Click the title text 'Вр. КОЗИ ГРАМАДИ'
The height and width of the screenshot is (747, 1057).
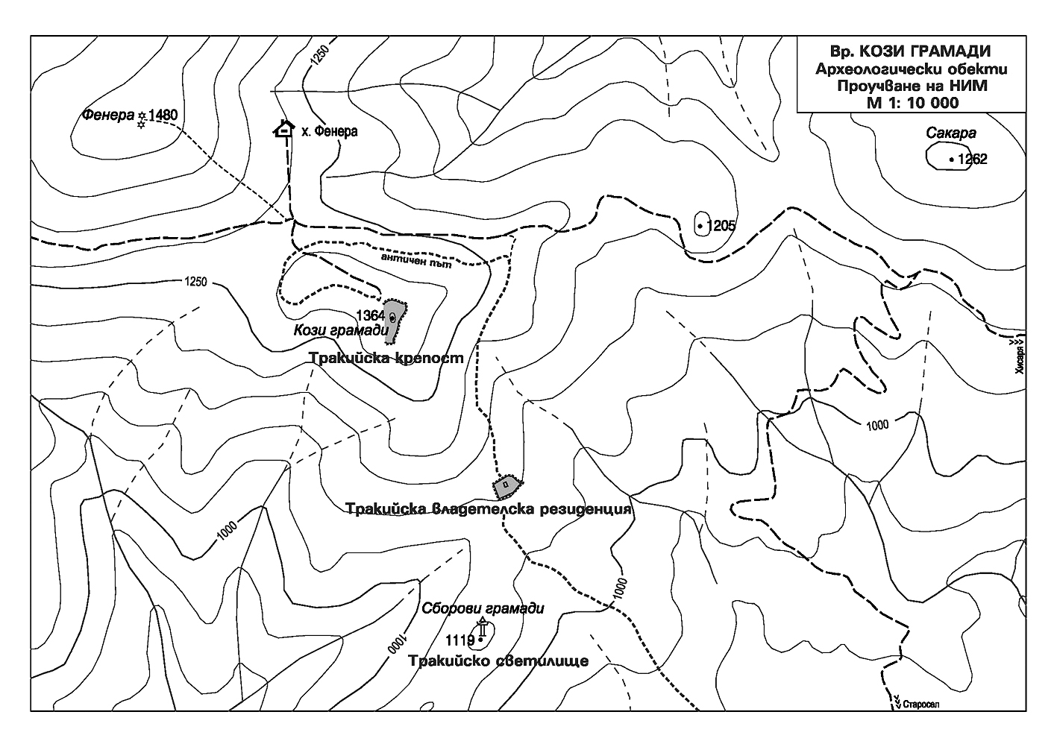910,52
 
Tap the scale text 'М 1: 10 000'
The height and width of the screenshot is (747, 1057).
912,102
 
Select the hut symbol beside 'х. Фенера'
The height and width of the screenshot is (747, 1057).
283,129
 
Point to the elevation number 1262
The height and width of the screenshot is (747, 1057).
972,159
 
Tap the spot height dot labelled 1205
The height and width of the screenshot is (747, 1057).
700,224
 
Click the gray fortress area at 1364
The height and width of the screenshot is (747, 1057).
394,319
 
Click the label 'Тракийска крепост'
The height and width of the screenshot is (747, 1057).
386,359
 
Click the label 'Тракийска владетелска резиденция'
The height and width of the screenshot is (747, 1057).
489,510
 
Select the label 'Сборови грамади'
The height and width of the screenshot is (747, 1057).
483,608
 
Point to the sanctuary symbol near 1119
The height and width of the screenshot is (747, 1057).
483,630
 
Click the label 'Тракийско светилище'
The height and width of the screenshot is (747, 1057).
498,661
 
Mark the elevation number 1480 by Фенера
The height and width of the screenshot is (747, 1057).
163,116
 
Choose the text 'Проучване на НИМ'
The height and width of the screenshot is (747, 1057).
912,86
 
